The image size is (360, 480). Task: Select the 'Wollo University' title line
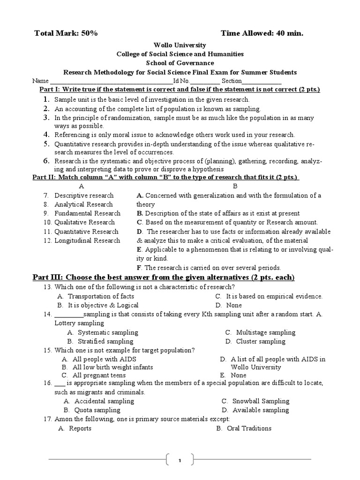pos(180,45)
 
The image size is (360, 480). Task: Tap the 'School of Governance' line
pos(180,63)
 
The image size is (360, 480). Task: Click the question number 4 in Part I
pos(47,135)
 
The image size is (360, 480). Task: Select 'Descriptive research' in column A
pos(84,195)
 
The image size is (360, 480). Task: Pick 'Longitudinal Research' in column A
pos(87,240)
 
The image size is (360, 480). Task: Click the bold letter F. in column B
pos(139,268)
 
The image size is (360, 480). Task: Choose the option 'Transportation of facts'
pos(101,296)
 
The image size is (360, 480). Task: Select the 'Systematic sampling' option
pos(108,332)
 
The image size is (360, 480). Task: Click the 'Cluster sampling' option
pos(261,341)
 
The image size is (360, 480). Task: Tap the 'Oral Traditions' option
pos(249,428)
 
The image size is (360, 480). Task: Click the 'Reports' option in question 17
pos(80,428)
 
